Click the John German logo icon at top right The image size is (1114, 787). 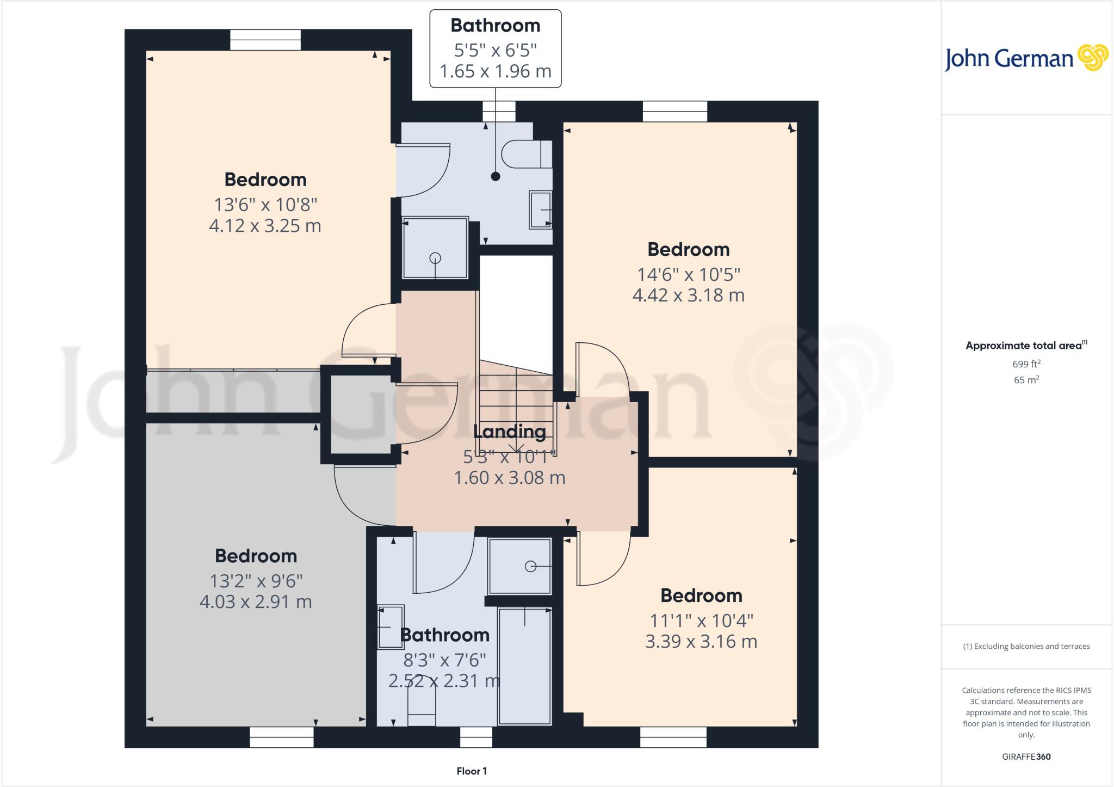point(1093,58)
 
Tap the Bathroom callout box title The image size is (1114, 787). point(495,26)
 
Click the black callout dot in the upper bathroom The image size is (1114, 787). point(495,176)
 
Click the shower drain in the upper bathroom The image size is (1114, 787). point(435,258)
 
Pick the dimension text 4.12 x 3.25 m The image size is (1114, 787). point(265,225)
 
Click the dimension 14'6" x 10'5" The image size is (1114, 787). point(688,274)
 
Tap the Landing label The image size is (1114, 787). point(509,432)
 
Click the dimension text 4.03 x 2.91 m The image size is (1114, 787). point(256,602)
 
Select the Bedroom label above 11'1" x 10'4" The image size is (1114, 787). point(701,595)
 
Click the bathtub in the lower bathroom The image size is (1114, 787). point(525,666)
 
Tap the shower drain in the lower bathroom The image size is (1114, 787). point(530,567)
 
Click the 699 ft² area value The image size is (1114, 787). point(1026,364)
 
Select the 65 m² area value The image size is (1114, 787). point(1026,380)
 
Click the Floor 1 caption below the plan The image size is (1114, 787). point(472,771)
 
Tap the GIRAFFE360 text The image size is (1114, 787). point(1026,757)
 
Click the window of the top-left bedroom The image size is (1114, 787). point(265,40)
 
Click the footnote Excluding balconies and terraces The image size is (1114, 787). point(1026,647)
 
